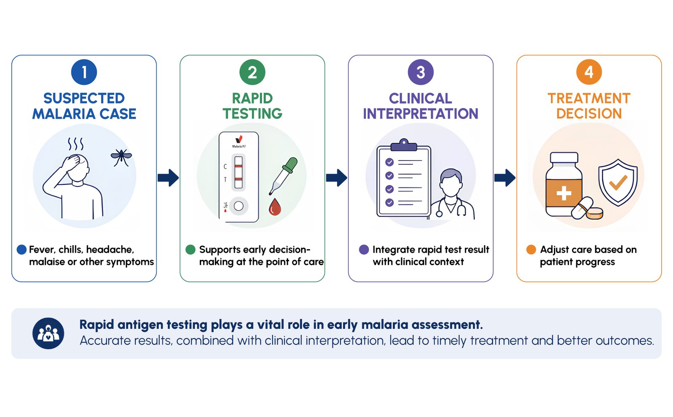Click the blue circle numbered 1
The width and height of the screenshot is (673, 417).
84,72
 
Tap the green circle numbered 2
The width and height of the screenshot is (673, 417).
252,72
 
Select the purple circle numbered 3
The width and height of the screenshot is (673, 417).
421,72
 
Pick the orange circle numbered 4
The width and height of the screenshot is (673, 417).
589,72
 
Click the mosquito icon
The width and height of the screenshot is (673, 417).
121,157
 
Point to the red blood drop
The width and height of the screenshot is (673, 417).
275,207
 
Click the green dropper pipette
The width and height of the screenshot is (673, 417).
284,175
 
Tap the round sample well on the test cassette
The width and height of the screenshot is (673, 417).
238,206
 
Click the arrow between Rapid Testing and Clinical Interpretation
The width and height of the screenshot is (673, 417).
336,178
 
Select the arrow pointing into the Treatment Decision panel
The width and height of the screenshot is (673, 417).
505,178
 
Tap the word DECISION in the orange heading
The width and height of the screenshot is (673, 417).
589,114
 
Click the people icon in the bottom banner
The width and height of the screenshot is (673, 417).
48,333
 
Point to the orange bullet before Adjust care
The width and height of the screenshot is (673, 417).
531,250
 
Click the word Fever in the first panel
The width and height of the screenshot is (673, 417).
41,250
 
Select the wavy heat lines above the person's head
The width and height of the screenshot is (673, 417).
76,144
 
